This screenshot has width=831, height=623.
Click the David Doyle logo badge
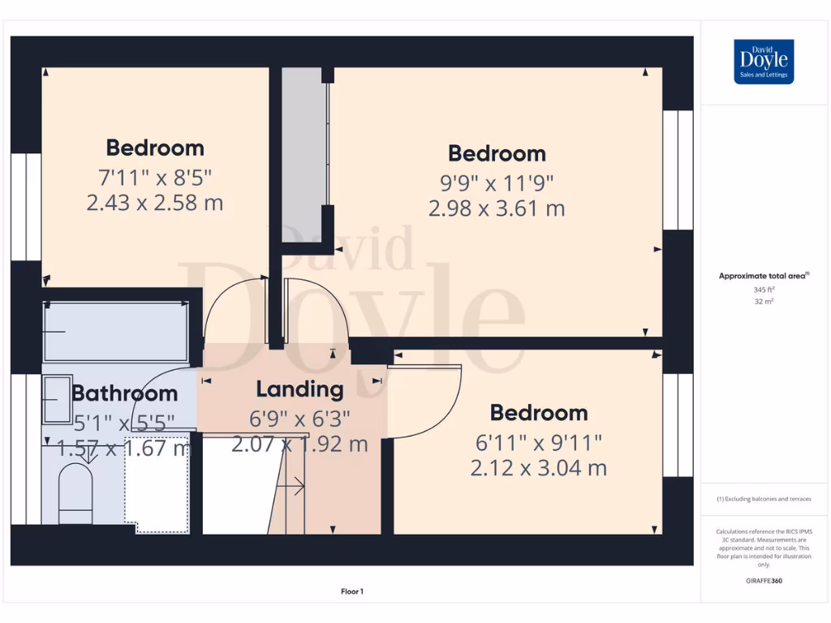763,62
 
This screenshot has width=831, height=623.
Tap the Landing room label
299,389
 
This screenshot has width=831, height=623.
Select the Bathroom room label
124,393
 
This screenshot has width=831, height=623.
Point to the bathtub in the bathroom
116,332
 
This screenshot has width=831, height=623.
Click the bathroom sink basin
57,398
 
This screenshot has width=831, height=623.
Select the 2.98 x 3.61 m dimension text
497,208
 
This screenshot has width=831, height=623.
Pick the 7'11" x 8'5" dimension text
154,176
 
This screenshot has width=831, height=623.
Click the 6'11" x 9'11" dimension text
538,443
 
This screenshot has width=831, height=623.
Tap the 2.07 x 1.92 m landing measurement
299,445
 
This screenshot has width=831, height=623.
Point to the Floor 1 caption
351,592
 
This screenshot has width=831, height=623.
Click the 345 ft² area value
763,289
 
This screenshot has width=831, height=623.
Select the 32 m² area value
763,301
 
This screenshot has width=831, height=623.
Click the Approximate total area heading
763,276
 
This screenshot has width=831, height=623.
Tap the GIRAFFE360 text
763,581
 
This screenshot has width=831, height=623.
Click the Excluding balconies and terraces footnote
763,499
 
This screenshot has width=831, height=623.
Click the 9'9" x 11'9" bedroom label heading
497,153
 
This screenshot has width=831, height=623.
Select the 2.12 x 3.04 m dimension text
538,468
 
